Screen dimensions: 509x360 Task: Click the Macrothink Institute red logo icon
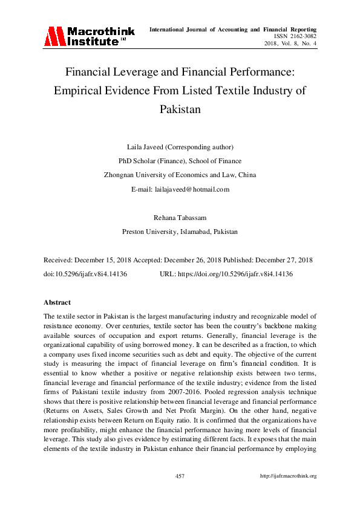(54, 37)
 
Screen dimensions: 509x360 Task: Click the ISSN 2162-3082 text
(294, 36)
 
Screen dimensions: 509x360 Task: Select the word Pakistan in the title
(180, 110)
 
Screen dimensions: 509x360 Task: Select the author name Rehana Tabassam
(180, 218)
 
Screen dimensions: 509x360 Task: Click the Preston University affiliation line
(180, 232)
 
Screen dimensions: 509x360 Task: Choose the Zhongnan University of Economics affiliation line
(180, 175)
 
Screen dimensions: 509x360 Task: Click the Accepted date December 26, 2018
(198, 260)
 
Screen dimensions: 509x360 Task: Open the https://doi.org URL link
(235, 274)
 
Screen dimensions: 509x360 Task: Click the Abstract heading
(57, 302)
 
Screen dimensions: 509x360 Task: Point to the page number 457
(180, 476)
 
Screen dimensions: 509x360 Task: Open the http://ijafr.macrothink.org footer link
(288, 476)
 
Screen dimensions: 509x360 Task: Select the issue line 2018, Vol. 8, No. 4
(290, 44)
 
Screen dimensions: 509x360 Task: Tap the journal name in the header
(233, 29)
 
